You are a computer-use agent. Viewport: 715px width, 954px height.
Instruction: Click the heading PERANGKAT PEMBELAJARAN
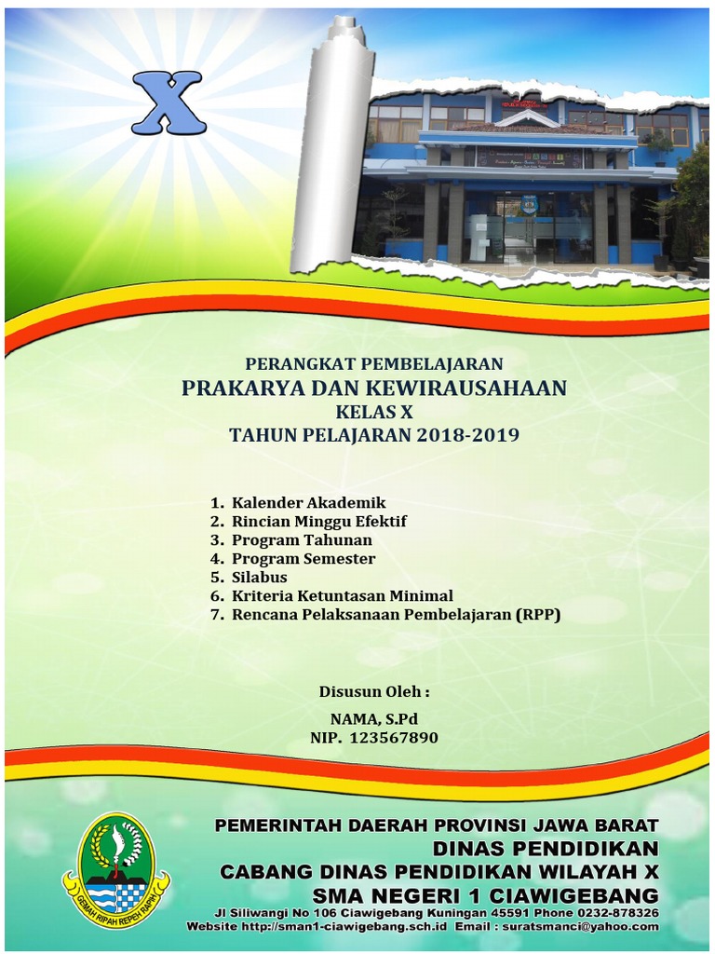point(374,363)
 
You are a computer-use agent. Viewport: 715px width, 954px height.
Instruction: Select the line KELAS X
point(374,411)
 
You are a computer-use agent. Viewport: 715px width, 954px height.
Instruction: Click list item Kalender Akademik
point(308,503)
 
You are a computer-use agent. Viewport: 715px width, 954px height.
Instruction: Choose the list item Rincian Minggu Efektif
point(318,522)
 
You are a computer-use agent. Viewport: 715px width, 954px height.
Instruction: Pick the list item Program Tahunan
point(302,540)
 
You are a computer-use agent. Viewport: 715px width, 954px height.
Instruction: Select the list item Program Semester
point(304,559)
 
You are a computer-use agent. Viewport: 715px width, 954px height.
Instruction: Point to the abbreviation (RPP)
point(539,615)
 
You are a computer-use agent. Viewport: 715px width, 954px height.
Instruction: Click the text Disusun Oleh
point(374,692)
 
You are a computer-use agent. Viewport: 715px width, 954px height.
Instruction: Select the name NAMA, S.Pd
point(374,718)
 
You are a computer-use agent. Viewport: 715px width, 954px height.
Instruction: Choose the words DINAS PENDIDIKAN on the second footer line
point(546,849)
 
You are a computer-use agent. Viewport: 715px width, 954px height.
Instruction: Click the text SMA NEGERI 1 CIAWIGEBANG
point(485,894)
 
